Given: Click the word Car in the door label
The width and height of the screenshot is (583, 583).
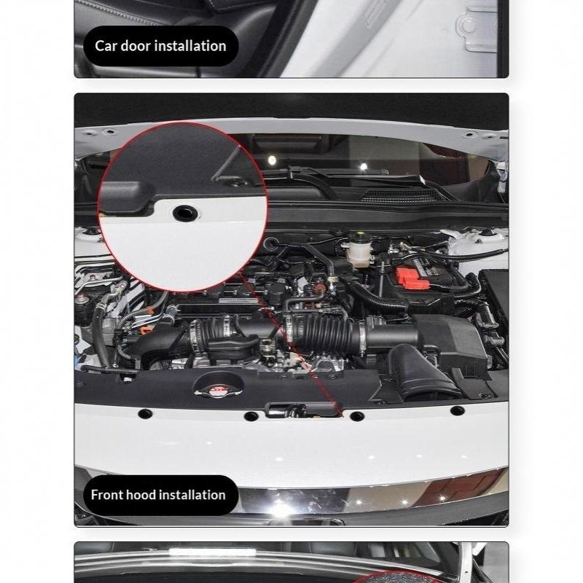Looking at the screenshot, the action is click(x=106, y=46).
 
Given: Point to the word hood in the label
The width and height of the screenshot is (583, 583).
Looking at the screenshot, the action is click(x=138, y=495).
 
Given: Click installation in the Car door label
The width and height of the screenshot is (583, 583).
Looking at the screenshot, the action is click(x=190, y=46).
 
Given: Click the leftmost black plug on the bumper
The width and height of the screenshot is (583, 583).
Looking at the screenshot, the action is click(x=144, y=413).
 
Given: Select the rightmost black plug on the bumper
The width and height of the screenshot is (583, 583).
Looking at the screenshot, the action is click(x=457, y=410).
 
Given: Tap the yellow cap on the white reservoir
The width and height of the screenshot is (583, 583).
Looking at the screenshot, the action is click(x=359, y=235).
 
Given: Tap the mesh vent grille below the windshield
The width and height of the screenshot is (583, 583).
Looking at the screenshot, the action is click(x=402, y=195).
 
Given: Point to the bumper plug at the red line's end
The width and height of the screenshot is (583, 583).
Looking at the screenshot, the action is click(x=356, y=415).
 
